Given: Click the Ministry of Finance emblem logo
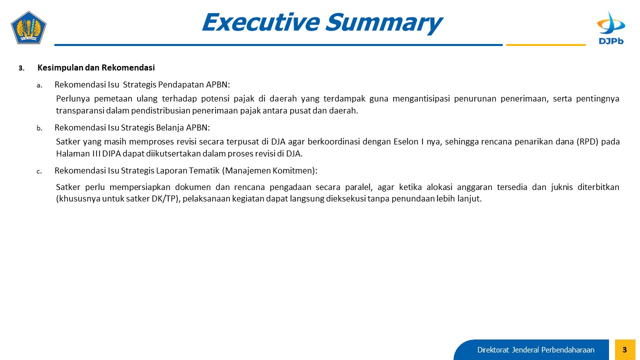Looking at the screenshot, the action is click(28, 27).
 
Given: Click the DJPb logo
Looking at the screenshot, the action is click(611, 28).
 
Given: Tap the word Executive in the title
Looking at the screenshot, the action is click(261, 22).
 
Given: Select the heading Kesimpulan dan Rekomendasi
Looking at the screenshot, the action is click(96, 67).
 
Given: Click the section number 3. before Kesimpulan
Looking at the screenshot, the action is click(21, 68).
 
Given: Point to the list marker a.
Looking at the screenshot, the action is click(39, 85).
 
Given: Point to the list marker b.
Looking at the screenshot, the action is click(39, 128).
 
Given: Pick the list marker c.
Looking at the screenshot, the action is click(39, 171).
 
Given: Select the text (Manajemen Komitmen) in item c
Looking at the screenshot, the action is click(269, 170).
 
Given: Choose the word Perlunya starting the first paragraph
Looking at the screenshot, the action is click(73, 99).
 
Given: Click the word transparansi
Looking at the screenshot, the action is click(79, 110).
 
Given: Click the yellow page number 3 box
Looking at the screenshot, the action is click(625, 349).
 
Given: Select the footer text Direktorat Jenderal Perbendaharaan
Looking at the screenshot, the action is click(535, 349).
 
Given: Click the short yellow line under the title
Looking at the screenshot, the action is click(545, 45).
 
